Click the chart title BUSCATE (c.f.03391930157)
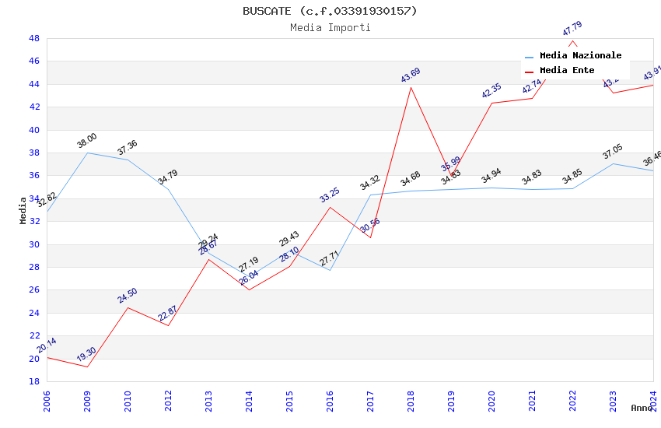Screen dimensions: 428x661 pyautogui.click(x=330, y=11)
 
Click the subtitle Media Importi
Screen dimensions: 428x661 pyautogui.click(x=330, y=27)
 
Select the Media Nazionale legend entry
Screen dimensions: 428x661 pyautogui.click(x=580, y=56)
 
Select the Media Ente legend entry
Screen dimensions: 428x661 pyautogui.click(x=567, y=70)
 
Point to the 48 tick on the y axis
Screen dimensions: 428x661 pyautogui.click(x=34, y=38)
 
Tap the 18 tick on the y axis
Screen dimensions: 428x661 pyautogui.click(x=34, y=381)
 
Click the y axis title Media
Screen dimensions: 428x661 pyautogui.click(x=23, y=210)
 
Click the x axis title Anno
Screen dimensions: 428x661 pyautogui.click(x=642, y=408)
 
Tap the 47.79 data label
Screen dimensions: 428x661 pyautogui.click(x=572, y=29)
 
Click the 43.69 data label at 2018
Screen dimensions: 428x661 pyautogui.click(x=410, y=75)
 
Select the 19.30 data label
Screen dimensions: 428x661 pyautogui.click(x=86, y=355)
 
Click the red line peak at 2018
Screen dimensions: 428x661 pyautogui.click(x=411, y=86)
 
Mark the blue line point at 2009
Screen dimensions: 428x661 pyautogui.click(x=87, y=153)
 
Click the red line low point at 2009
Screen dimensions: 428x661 pyautogui.click(x=87, y=367)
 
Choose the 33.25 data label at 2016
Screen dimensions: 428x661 pyautogui.click(x=329, y=195)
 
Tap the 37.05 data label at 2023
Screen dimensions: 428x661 pyautogui.click(x=612, y=152)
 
